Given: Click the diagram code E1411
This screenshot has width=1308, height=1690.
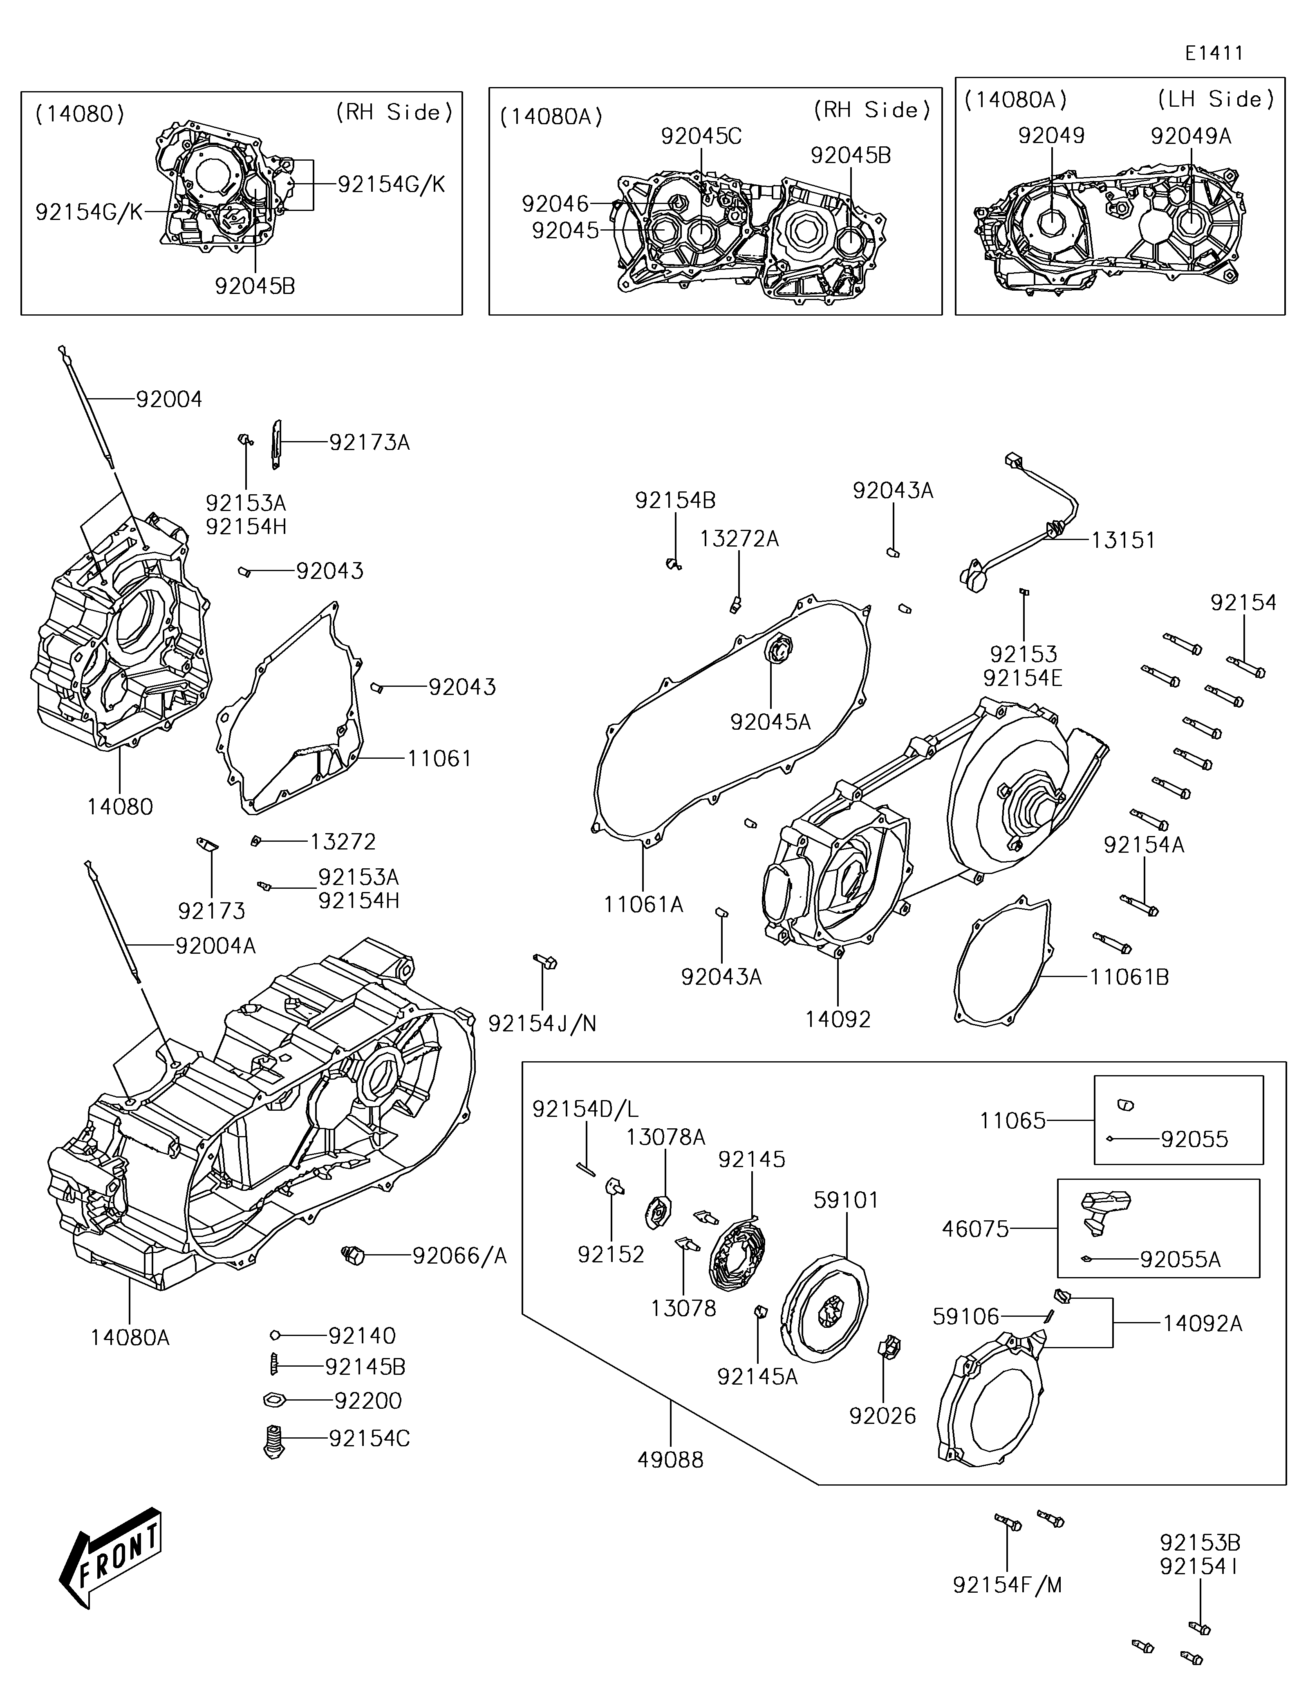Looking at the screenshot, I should [1214, 54].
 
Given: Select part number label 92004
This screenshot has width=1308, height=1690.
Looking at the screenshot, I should [169, 399].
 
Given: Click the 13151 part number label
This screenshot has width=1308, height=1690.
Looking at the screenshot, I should [1123, 540].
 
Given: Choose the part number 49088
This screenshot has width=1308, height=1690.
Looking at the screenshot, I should [671, 1460].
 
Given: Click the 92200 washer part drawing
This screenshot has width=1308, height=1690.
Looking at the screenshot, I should [275, 1400].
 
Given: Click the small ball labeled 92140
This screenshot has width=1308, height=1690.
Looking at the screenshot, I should [275, 1335].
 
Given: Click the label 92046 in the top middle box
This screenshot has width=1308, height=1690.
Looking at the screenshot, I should [555, 204].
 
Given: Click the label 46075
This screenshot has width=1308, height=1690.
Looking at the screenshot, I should [975, 1229].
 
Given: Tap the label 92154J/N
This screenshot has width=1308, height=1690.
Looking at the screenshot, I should [542, 1024].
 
